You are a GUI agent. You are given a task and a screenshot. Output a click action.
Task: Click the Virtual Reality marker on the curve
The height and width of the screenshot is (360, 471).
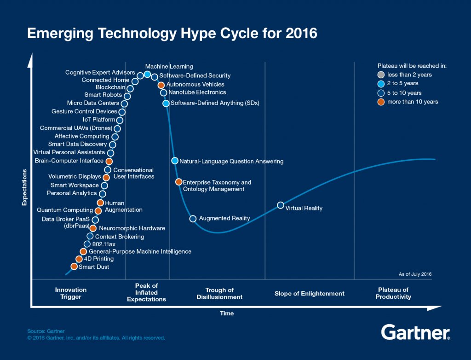[280, 205]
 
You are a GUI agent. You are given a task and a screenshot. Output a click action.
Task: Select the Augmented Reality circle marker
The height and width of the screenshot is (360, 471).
[193, 219]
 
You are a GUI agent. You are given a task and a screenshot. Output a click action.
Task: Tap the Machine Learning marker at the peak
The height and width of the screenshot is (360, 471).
[147, 74]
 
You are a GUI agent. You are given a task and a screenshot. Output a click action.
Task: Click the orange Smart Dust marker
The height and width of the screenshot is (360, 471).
[74, 267]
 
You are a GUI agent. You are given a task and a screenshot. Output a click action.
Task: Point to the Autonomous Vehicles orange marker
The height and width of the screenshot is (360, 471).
[161, 85]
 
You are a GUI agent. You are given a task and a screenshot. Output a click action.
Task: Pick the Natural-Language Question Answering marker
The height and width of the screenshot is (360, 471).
[175, 161]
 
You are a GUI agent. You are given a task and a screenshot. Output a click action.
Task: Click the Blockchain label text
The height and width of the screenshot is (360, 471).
[110, 87]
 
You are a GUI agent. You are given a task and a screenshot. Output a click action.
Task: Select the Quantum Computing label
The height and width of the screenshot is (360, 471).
[64, 210]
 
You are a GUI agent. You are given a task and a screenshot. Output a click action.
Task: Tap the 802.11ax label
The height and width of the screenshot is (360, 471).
[101, 244]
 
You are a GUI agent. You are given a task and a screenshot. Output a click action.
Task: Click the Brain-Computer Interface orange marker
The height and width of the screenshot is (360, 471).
[109, 161]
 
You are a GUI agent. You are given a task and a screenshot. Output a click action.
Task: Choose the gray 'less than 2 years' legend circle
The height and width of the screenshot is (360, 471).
[380, 75]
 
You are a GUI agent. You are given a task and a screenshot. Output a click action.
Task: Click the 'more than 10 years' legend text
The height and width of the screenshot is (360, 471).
[413, 102]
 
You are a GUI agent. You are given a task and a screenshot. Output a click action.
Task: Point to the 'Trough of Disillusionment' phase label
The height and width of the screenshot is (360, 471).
[219, 293]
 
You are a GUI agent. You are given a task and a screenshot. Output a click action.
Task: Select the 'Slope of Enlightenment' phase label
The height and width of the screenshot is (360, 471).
[309, 293]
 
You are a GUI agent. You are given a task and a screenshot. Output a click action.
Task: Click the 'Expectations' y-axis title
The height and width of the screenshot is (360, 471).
[24, 187]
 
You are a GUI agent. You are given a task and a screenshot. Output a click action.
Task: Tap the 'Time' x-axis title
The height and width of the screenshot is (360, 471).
[227, 314]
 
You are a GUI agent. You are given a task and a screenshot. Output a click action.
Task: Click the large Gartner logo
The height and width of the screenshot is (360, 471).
[415, 332]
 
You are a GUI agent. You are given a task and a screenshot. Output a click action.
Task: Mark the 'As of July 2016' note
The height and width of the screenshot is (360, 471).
[415, 274]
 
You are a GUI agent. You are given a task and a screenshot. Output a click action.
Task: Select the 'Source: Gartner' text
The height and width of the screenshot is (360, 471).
[46, 331]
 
